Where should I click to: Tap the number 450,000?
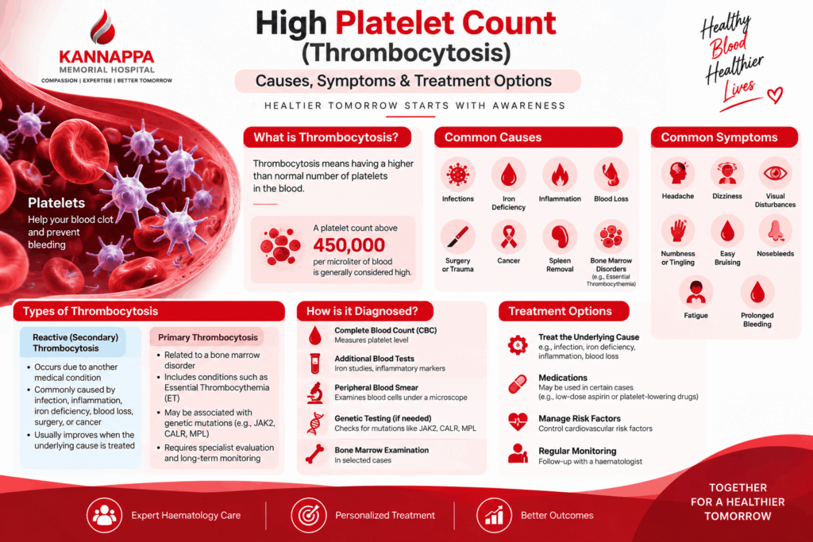coord(349,244)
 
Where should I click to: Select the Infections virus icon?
coord(458,174)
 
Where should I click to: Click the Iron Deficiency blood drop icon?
coord(509,175)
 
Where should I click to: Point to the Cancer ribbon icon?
coord(509,236)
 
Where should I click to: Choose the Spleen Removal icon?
coord(560,236)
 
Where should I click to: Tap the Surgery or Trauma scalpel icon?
coord(457,236)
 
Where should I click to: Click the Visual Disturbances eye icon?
coord(775,173)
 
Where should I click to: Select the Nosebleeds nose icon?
coord(775,231)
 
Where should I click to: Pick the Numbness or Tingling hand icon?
coord(678,231)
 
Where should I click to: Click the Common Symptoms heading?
coord(719,137)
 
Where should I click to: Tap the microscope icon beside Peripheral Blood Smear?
coord(314,393)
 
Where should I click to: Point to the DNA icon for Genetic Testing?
coord(314,423)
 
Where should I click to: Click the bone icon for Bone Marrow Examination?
coord(314,454)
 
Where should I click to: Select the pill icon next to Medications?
coord(518,384)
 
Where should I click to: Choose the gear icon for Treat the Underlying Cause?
coord(518,345)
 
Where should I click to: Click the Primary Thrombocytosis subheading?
coord(208,337)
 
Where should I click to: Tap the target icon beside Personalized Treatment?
coord(309,515)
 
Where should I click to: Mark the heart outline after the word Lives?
coord(775,94)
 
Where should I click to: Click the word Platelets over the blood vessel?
coord(56,202)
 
